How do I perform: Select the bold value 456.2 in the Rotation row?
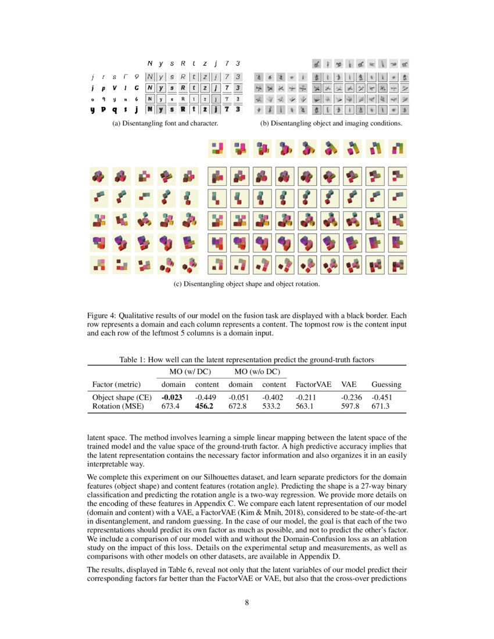tap(206, 407)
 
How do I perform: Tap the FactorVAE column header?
tap(313, 385)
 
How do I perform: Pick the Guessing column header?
tap(386, 385)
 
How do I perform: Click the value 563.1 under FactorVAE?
tap(306, 407)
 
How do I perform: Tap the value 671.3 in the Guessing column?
tap(381, 407)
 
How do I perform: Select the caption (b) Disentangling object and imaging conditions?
tap(331, 124)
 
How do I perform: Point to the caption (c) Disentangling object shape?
tap(247, 285)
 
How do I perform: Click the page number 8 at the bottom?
tap(247, 602)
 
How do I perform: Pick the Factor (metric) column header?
tap(119, 385)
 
